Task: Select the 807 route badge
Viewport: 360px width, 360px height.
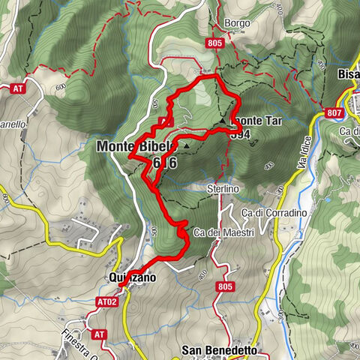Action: [x=334, y=113]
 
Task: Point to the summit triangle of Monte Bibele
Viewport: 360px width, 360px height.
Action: [x=185, y=145]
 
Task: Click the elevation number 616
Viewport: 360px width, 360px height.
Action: [x=163, y=163]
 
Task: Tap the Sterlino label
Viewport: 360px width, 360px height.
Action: [x=223, y=190]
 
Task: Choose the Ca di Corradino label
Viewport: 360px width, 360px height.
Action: [x=274, y=214]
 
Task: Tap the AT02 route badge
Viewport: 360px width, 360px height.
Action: [x=107, y=303]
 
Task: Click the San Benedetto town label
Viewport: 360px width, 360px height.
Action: [x=220, y=350]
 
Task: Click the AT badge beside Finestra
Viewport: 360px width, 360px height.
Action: [x=99, y=334]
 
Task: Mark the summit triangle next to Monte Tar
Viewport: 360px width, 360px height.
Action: [x=223, y=120]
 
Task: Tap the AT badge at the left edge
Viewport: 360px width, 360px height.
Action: [x=17, y=88]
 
